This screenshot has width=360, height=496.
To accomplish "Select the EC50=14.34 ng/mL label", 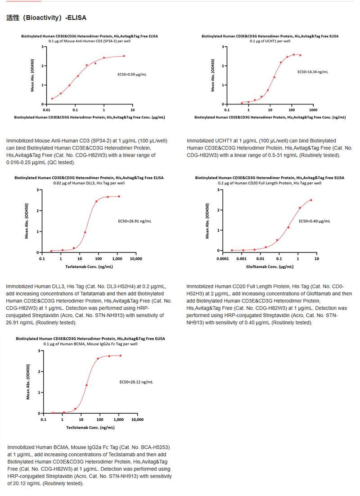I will pyautogui.click(x=313, y=72).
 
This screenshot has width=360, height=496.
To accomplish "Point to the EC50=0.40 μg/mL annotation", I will pyautogui.click(x=315, y=221).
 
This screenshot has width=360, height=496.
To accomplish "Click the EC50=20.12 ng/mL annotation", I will pyautogui.click(x=135, y=382).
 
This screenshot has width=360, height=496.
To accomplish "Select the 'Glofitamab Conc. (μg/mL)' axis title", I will pyautogui.click(x=269, y=267).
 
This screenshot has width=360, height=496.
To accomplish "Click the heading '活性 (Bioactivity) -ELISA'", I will pyautogui.click(x=46, y=18).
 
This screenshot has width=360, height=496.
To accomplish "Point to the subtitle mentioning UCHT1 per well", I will pyautogui.click(x=270, y=41).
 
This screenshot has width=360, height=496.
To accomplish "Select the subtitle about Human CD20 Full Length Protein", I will pyautogui.click(x=270, y=183).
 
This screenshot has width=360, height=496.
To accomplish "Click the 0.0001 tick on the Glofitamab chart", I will pyautogui.click(x=222, y=259).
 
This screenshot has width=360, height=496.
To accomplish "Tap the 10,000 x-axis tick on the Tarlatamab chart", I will pyautogui.click(x=136, y=259).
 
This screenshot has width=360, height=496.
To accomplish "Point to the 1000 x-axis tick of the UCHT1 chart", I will pyautogui.click(x=313, y=109).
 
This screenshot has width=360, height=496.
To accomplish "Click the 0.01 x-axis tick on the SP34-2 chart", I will pyautogui.click(x=46, y=109).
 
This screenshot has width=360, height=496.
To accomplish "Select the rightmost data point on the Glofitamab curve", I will pyautogui.click(x=311, y=200).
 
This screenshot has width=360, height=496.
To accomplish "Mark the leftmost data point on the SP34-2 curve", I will pyautogui.click(x=52, y=99).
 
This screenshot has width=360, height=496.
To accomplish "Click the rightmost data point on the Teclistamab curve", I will pyautogui.click(x=121, y=356).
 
